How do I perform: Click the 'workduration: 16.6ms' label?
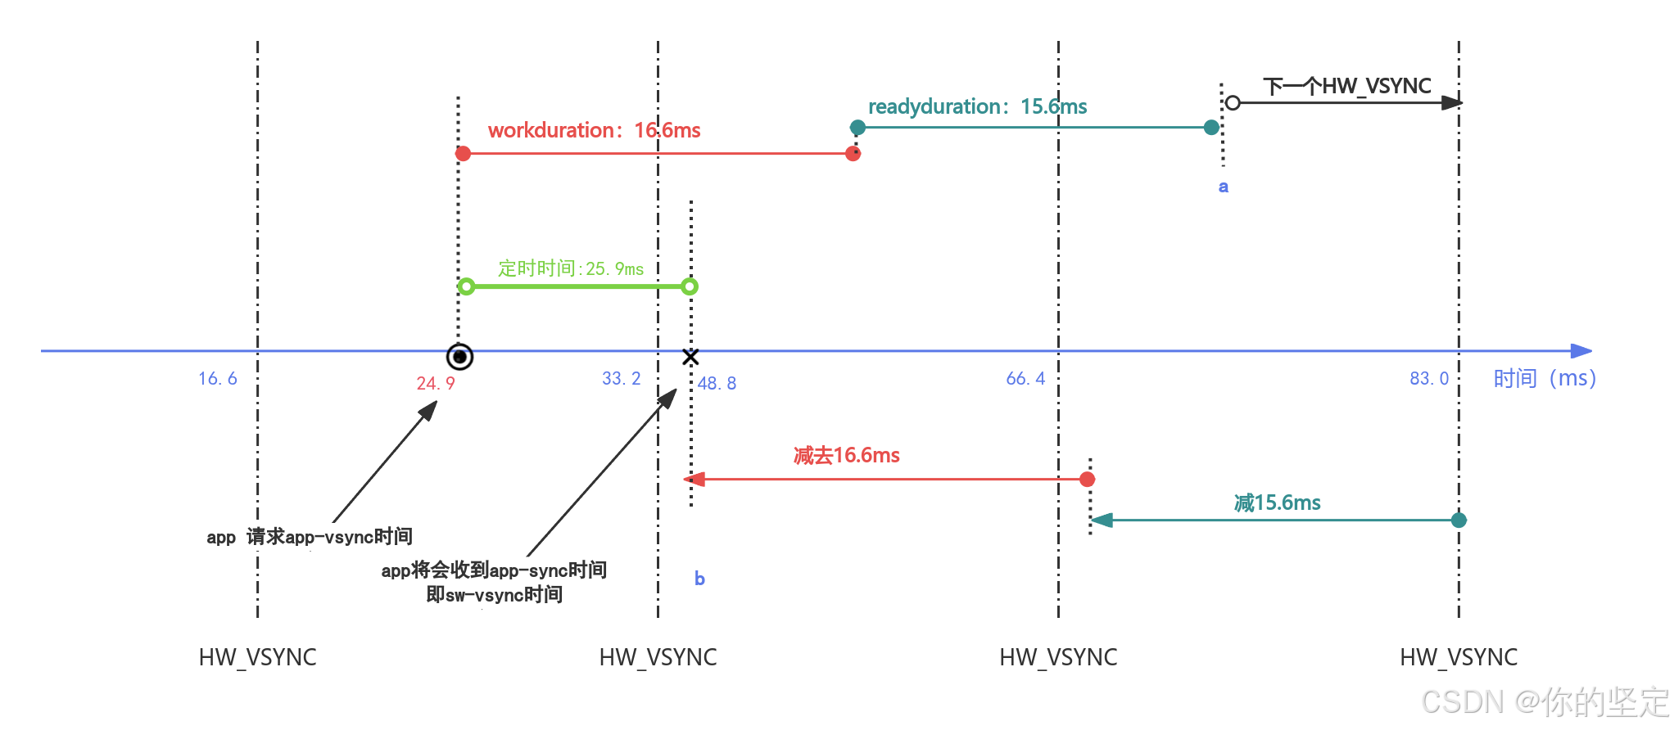pyautogui.click(x=594, y=130)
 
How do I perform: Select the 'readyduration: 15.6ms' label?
pyautogui.click(x=977, y=106)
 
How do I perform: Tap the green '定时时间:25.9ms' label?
pyautogui.click(x=571, y=268)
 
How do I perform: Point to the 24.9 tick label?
pyautogui.click(x=436, y=383)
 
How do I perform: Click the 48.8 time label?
pyautogui.click(x=717, y=383)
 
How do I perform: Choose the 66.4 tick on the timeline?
pyautogui.click(x=1025, y=378)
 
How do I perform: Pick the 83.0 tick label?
pyautogui.click(x=1429, y=378)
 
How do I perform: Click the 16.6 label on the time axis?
pyautogui.click(x=218, y=378)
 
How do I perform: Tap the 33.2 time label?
pyautogui.click(x=622, y=378)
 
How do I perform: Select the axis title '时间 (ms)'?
pyautogui.click(x=1545, y=378)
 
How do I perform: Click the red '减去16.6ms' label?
pyautogui.click(x=847, y=455)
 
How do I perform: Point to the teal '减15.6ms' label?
pyautogui.click(x=1278, y=502)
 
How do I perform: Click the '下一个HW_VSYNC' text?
pyautogui.click(x=1347, y=86)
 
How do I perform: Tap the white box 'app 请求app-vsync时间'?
pyautogui.click(x=310, y=537)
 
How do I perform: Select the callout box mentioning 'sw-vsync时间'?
pyautogui.click(x=494, y=583)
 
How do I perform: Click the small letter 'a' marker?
pyautogui.click(x=1224, y=187)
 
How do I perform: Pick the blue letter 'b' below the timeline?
pyautogui.click(x=699, y=579)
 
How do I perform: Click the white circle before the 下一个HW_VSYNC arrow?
pyautogui.click(x=1233, y=102)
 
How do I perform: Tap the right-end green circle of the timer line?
pyautogui.click(x=690, y=286)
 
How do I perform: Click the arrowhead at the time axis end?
pyautogui.click(x=1581, y=351)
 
